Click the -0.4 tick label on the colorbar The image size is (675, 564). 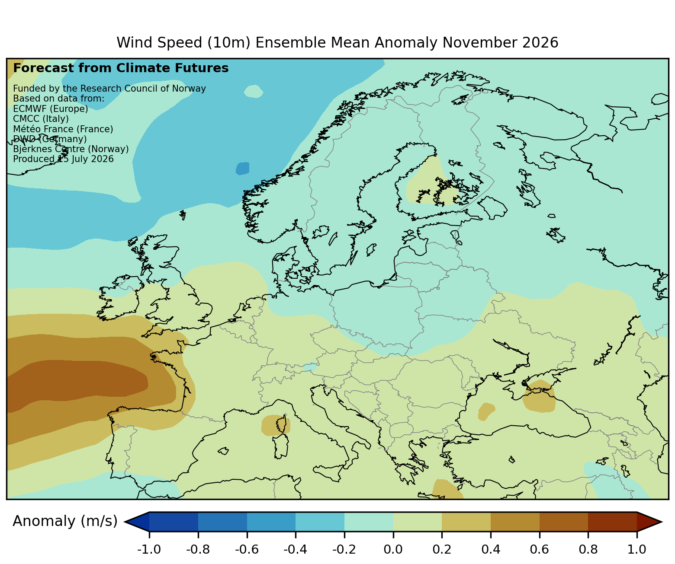click(295, 549)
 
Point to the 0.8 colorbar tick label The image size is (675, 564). click(588, 549)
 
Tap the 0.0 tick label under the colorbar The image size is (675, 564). click(393, 549)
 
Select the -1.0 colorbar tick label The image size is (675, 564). click(149, 549)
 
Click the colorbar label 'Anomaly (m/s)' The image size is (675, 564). click(65, 521)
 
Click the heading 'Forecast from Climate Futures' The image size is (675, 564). click(121, 68)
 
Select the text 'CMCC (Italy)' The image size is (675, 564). click(41, 119)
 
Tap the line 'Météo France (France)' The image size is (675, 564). click(63, 129)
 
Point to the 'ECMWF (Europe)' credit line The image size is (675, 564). click(51, 109)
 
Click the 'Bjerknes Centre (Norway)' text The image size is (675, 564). click(71, 149)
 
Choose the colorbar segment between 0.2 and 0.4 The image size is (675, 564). click(466, 521)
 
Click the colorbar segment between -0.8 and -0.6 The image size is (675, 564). click(222, 521)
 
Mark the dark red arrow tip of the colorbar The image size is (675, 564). click(649, 521)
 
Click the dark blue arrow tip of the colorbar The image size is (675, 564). click(137, 521)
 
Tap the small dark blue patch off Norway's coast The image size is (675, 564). click(242, 169)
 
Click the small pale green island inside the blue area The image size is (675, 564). click(254, 91)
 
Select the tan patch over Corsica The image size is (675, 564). click(276, 425)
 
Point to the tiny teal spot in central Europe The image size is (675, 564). click(310, 367)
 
